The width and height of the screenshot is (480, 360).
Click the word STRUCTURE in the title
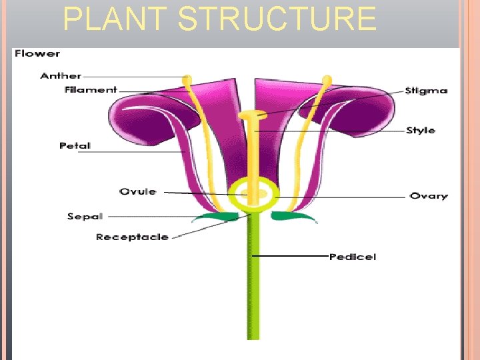[x=277, y=19]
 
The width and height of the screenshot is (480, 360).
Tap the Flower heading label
[x=37, y=53]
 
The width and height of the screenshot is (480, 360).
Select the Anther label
[x=61, y=76]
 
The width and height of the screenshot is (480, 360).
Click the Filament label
[x=91, y=90]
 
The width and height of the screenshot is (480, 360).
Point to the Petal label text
[x=75, y=145]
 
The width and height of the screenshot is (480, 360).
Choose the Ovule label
[x=138, y=192]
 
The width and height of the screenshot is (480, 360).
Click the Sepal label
[x=85, y=217]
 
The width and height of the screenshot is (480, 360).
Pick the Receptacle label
[x=132, y=237]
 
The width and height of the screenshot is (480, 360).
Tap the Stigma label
[x=426, y=91]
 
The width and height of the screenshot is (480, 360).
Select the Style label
[x=421, y=131]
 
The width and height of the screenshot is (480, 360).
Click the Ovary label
[x=429, y=196]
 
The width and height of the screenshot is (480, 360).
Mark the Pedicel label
[x=353, y=257]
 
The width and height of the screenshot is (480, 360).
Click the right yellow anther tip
[x=326, y=81]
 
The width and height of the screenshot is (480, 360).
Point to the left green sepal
[x=216, y=216]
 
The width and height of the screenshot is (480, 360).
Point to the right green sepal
[x=292, y=216]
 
